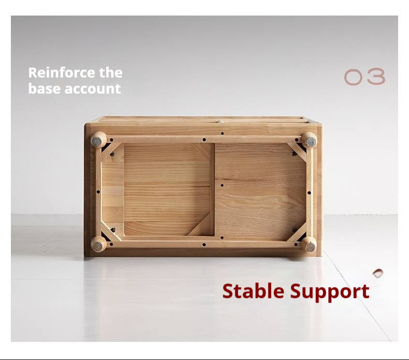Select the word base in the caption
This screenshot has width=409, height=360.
coord(43,89)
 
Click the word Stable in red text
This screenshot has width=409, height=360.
coord(254,291)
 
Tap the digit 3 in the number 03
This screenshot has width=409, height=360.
coord(376,77)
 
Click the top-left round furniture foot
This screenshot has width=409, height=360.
coord(98,139)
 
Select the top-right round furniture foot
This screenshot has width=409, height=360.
coord(309,139)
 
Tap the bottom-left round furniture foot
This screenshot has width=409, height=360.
coord(98,244)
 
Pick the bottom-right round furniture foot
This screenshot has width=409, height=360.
coord(309,244)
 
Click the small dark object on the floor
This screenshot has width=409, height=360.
coord(378,273)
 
